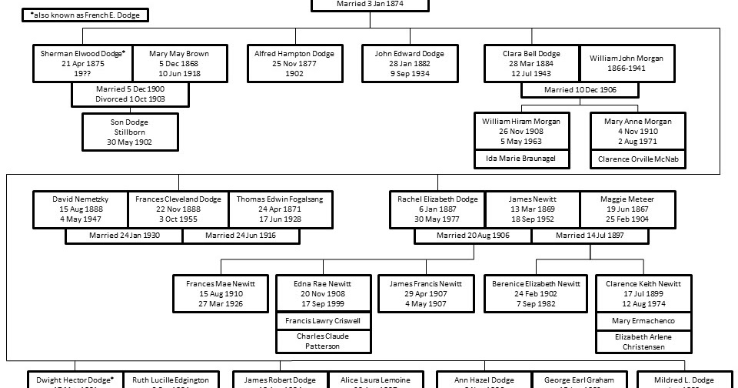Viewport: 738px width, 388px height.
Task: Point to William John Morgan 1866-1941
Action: (x=626, y=63)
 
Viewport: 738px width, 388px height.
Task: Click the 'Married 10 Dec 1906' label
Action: (x=580, y=90)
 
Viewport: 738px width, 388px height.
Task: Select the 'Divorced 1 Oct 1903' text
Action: (x=130, y=99)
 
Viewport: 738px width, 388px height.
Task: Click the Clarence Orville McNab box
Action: (x=637, y=159)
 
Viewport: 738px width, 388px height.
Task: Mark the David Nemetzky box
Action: (x=80, y=209)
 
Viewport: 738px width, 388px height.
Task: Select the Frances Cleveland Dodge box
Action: (x=178, y=209)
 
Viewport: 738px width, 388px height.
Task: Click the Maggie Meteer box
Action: (x=627, y=209)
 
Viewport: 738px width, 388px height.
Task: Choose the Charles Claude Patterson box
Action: (x=322, y=341)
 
